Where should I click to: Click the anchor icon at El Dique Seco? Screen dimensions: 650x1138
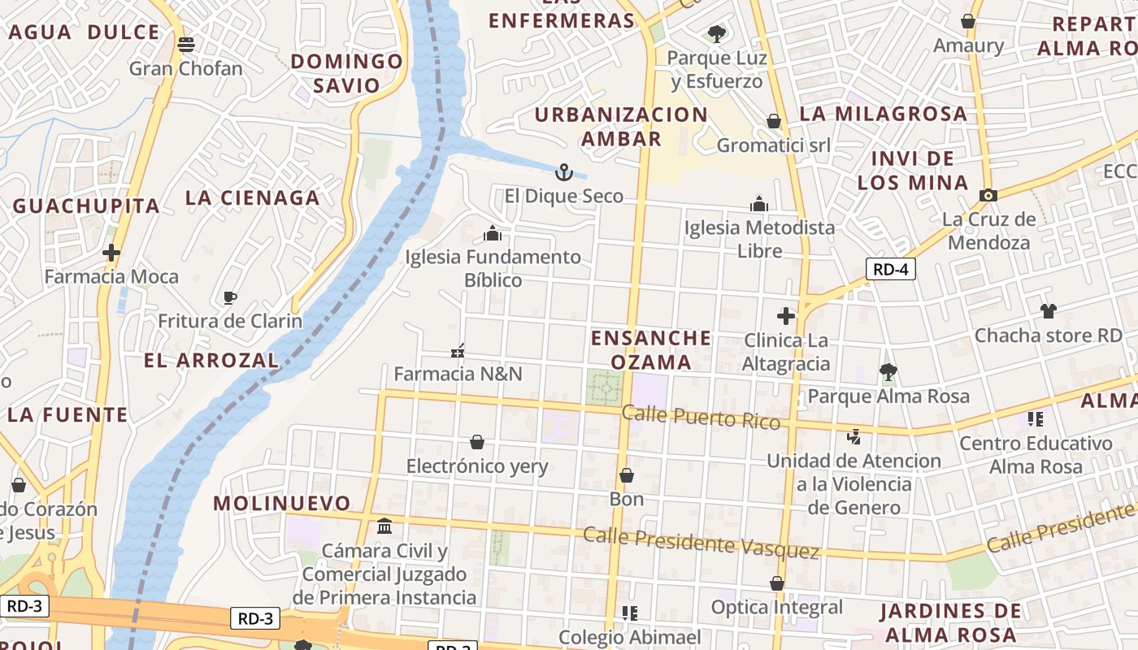(564, 172)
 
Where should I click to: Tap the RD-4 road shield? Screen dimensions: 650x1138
(890, 270)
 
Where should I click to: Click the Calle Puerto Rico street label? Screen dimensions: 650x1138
(701, 417)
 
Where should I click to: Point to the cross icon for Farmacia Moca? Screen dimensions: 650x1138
(111, 253)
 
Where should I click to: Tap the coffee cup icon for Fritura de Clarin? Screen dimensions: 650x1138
(230, 297)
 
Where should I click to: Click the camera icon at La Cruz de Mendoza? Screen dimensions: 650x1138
(988, 195)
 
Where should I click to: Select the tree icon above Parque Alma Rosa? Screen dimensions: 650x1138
(888, 372)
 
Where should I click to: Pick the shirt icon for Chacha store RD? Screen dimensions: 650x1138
(1048, 310)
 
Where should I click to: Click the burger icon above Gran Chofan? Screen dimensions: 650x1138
(186, 44)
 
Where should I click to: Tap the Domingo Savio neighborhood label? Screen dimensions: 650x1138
(347, 73)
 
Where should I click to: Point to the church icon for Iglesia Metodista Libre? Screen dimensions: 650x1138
(759, 203)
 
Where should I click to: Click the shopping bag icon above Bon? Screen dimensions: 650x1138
(627, 475)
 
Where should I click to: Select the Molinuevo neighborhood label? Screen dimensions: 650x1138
(282, 503)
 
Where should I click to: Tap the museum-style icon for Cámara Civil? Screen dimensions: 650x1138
(384, 526)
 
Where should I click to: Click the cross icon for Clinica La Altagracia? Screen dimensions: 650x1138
(786, 316)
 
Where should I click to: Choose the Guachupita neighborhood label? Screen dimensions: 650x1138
(86, 206)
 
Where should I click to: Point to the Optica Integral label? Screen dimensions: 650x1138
(777, 607)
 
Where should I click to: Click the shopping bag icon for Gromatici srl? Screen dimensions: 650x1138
(774, 121)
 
